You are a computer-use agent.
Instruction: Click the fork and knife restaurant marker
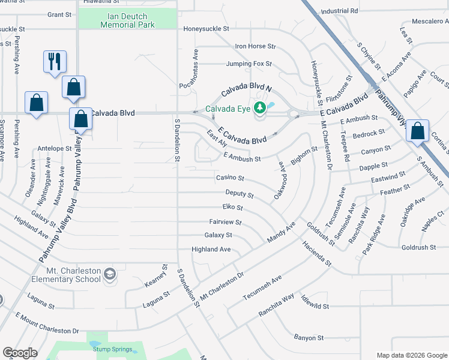coord(55,62)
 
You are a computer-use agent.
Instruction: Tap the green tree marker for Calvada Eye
coord(259,108)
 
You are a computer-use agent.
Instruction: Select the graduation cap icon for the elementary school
coord(110,274)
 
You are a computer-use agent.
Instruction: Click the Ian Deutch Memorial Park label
coord(128,20)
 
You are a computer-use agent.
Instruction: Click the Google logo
coord(19,353)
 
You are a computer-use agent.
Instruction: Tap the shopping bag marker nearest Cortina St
coord(417,130)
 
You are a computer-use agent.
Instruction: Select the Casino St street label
coord(230,178)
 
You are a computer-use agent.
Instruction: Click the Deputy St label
coord(240,194)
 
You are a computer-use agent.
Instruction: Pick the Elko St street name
coord(232,208)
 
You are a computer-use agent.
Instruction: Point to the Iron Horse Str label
coord(255,46)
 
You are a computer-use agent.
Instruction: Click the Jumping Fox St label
coord(249,64)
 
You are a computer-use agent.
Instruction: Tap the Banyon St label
coord(309,338)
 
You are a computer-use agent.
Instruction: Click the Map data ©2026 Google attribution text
coord(411,355)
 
